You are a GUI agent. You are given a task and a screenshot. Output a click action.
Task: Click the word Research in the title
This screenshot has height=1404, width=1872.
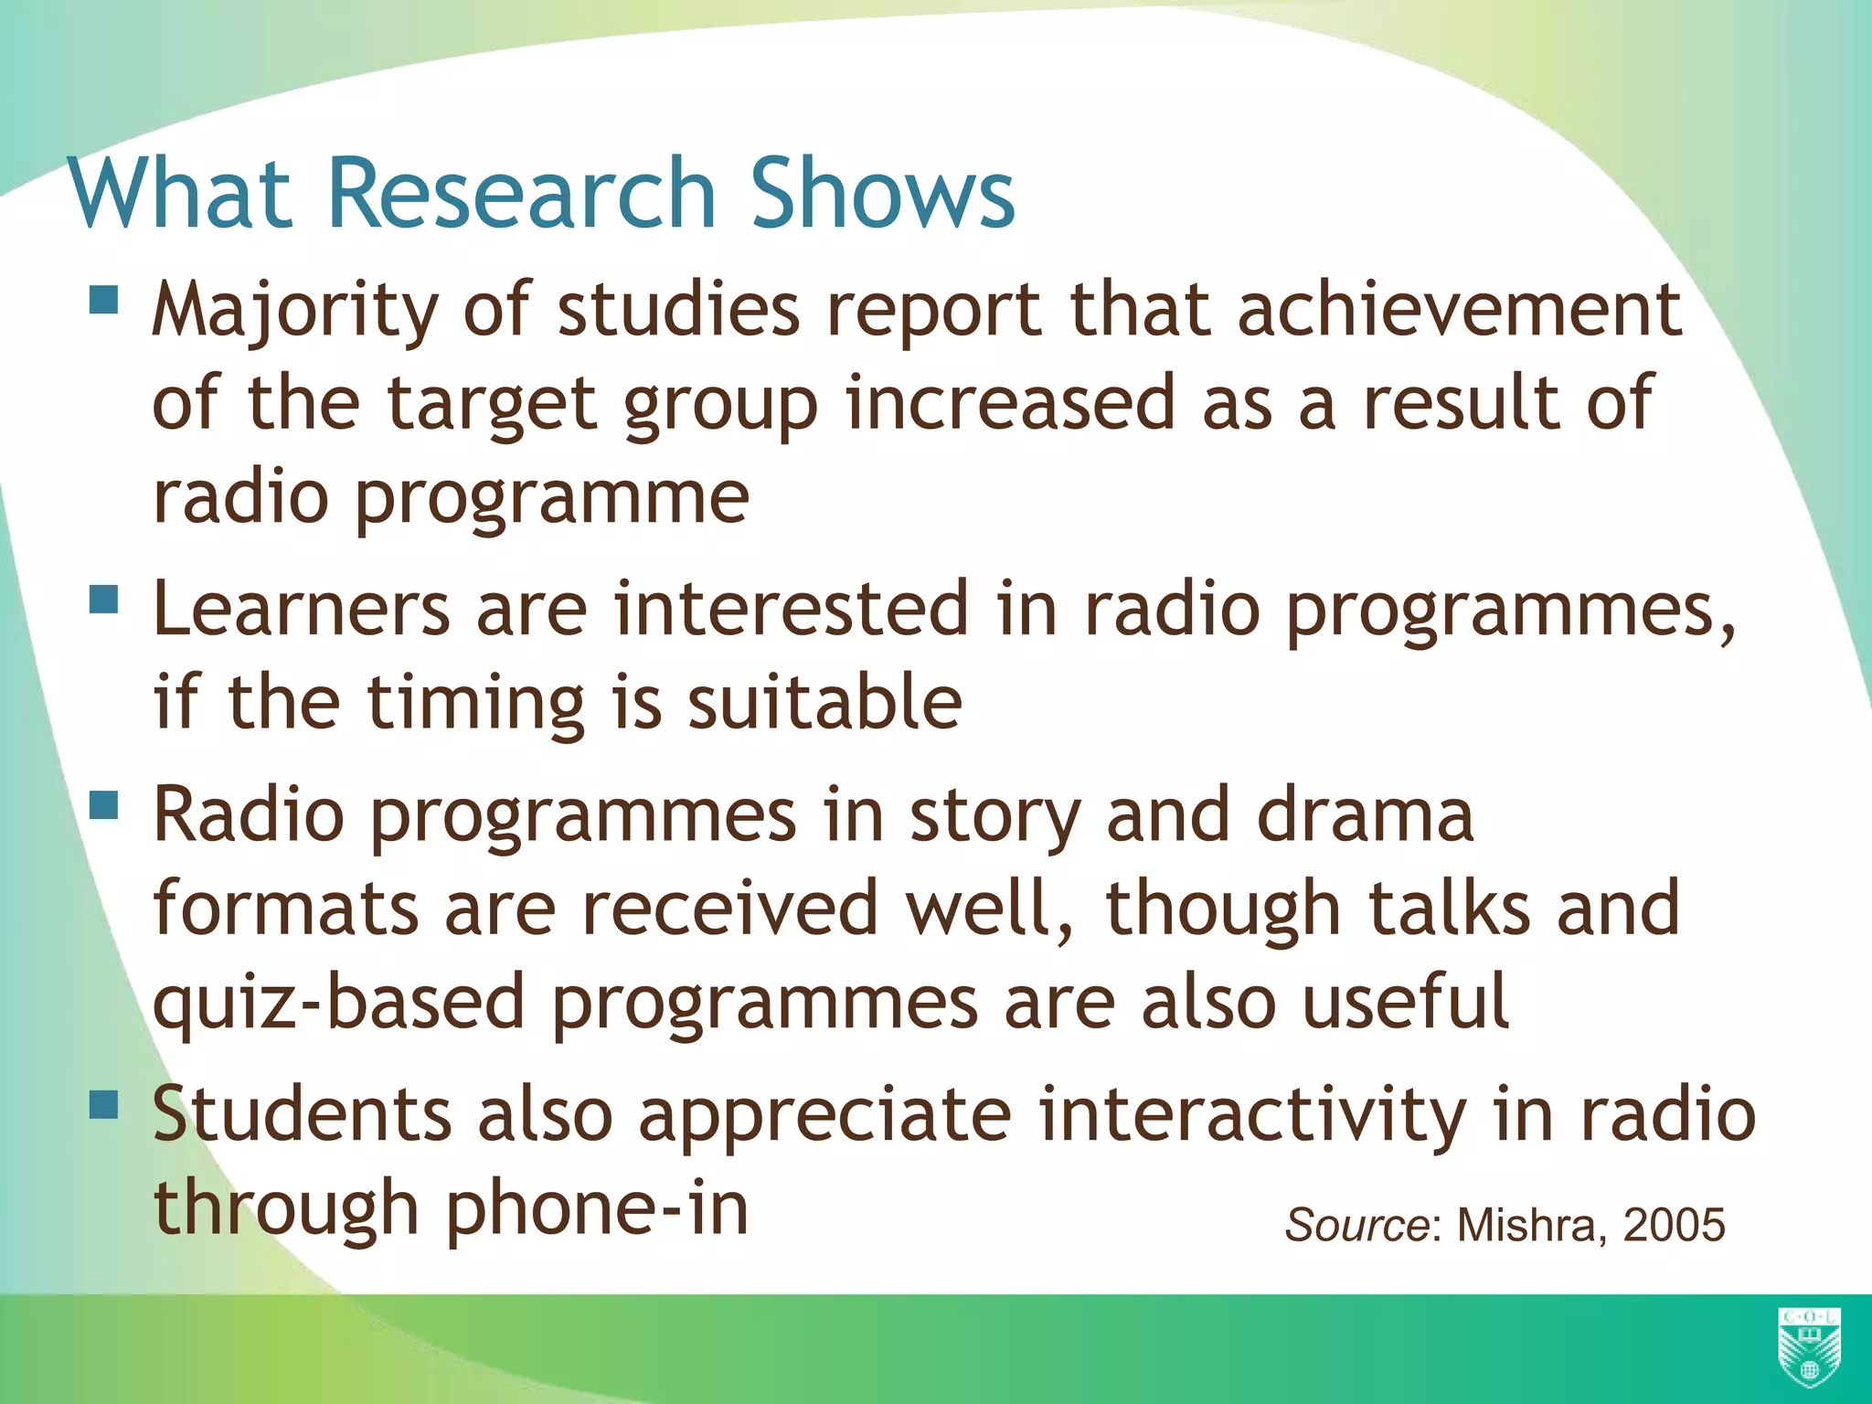pyautogui.click(x=520, y=193)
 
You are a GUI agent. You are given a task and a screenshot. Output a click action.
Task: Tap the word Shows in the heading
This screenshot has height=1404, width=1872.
pyautogui.click(x=882, y=193)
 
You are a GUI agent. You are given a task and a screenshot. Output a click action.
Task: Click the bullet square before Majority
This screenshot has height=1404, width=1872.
pyautogui.click(x=104, y=300)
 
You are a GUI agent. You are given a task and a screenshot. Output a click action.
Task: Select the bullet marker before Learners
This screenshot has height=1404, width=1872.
pyautogui.click(x=104, y=599)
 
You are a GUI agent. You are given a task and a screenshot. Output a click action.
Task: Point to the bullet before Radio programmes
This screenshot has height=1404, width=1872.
pyautogui.click(x=104, y=804)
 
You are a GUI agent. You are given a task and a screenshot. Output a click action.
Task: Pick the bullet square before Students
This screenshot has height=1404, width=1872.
pyautogui.click(x=104, y=1104)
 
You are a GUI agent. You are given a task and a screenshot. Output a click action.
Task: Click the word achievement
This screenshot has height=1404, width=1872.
pyautogui.click(x=1459, y=309)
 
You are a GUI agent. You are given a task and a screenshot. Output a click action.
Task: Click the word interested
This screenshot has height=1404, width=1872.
pyautogui.click(x=791, y=609)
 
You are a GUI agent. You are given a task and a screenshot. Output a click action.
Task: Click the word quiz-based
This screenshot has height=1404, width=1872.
pyautogui.click(x=339, y=1004)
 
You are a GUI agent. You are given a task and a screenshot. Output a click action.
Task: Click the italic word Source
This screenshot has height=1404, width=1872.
pyautogui.click(x=1357, y=1225)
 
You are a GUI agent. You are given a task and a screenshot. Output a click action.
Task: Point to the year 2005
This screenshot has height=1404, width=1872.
pyautogui.click(x=1674, y=1225)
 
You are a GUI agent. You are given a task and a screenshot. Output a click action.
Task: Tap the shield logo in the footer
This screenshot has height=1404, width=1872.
pyautogui.click(x=1809, y=1346)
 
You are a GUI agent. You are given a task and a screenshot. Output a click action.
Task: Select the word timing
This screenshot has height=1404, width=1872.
pyautogui.click(x=475, y=704)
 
